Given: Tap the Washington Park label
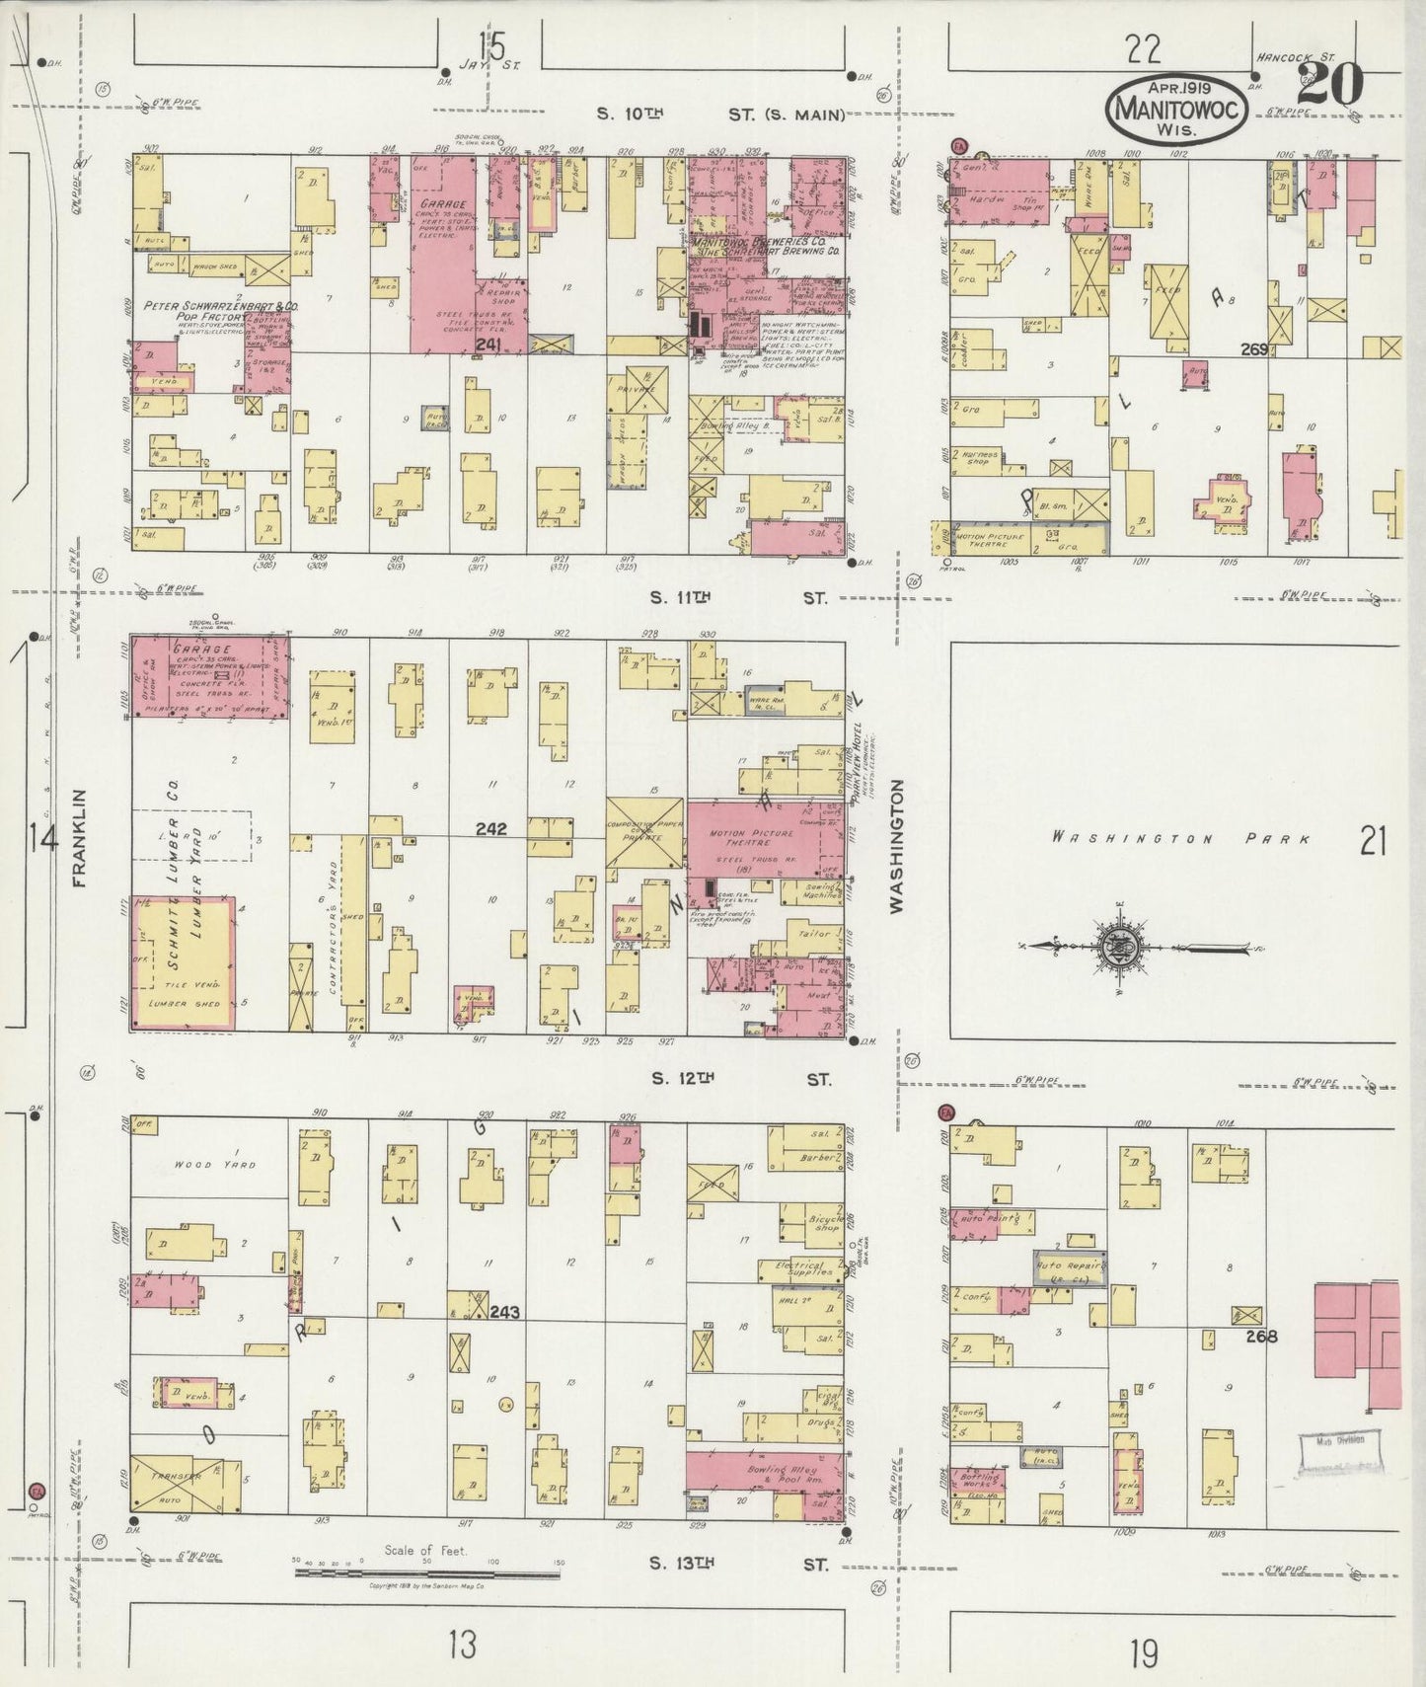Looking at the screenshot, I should click(x=1181, y=839).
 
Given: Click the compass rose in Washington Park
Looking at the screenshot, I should click(x=1121, y=947).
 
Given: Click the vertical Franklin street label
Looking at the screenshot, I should click(x=80, y=837).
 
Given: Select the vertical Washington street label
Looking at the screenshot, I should click(x=897, y=846).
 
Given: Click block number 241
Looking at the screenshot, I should click(x=488, y=344).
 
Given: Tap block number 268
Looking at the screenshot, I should click(x=1261, y=1337).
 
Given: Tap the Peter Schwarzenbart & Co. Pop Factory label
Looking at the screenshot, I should click(x=222, y=312).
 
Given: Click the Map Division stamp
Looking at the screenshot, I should click(x=1338, y=1440).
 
